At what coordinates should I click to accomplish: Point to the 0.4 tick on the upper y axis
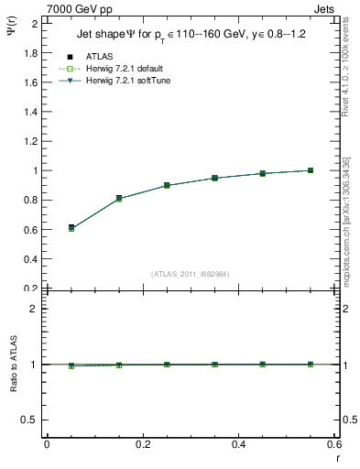pyautogui.click(x=32, y=259)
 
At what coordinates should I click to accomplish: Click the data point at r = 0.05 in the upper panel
pyautogui.click(x=71, y=227)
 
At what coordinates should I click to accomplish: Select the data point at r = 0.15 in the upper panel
pyautogui.click(x=119, y=198)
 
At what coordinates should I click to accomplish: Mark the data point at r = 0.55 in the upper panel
pyautogui.click(x=311, y=170)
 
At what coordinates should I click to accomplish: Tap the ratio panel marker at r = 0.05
pyautogui.click(x=71, y=365)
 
